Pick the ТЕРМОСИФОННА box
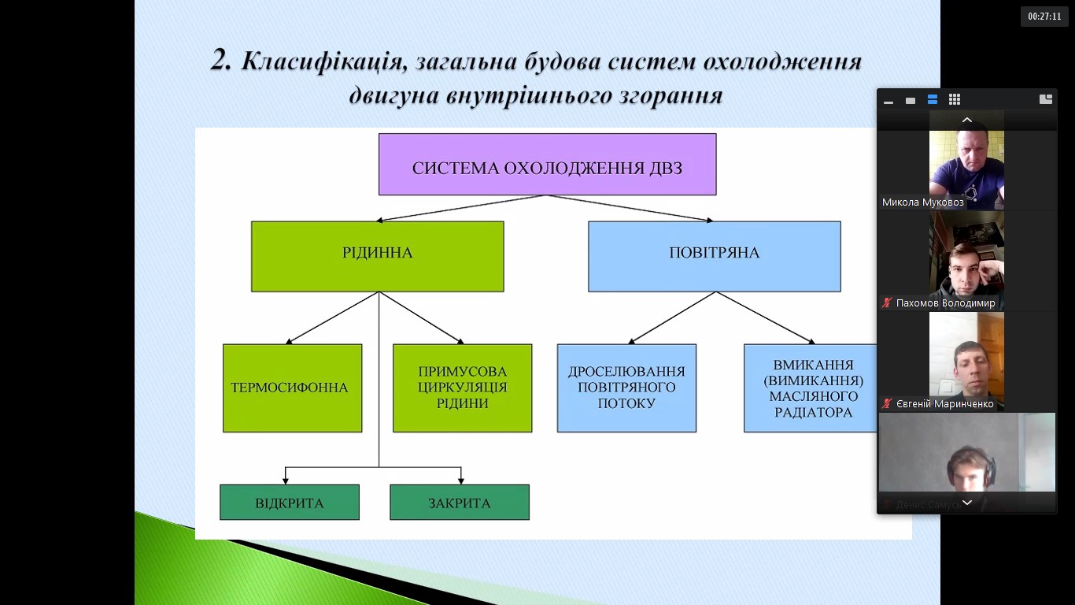point(292,388)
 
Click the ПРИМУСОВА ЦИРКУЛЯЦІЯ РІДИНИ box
point(462,388)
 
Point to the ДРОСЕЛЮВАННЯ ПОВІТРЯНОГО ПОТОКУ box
point(626,388)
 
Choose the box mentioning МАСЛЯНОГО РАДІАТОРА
point(811,388)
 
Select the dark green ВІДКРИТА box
point(289,503)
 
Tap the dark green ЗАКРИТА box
point(459,503)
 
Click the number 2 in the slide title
point(220,60)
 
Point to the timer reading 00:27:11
point(1044,16)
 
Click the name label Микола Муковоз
point(922,202)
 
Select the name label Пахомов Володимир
point(945,303)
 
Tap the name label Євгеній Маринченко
point(944,404)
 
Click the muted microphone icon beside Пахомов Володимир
point(887,303)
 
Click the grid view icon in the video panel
point(955,100)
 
